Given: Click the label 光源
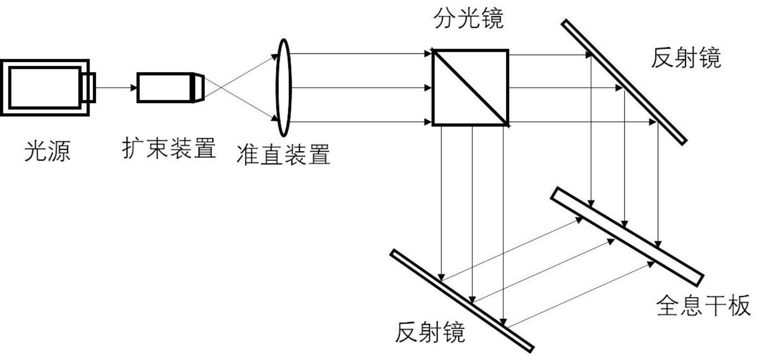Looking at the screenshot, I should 47,151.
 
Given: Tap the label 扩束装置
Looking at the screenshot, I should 169,148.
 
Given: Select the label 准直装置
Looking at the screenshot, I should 283,154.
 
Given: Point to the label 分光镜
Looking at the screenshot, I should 468,19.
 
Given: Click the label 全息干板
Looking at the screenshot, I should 703,305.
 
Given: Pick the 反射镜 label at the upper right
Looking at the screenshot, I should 686,58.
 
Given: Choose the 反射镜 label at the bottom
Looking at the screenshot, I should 430,332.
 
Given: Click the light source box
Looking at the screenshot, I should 44,87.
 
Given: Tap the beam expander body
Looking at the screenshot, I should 164,87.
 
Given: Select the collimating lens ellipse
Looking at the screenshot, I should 283,87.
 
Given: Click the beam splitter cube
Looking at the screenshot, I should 470,87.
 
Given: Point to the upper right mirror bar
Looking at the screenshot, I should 624,82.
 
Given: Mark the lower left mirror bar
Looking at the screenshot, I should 462,301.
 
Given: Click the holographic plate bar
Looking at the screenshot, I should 627,236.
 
